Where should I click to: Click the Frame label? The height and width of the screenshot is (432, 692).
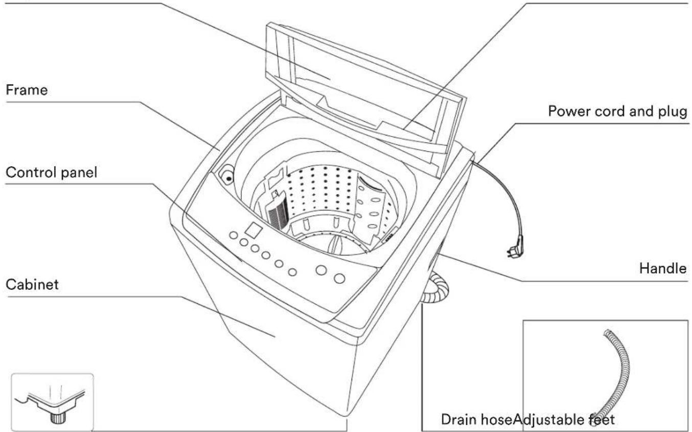point(27,90)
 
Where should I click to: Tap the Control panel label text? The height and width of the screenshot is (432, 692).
point(51,172)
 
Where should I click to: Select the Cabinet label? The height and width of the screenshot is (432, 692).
point(32,284)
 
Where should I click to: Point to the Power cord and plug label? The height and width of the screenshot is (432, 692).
point(617,111)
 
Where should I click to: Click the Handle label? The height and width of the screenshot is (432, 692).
point(663,268)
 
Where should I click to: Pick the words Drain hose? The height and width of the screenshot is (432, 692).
point(477,419)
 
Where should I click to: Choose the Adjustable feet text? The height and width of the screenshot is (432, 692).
point(564,420)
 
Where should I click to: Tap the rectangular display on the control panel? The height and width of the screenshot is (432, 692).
point(253,230)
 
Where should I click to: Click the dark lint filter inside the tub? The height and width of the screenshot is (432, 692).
point(278,214)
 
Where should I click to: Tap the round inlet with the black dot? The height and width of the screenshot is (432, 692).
point(226,175)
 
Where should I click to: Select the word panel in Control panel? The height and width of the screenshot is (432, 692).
point(79,173)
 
